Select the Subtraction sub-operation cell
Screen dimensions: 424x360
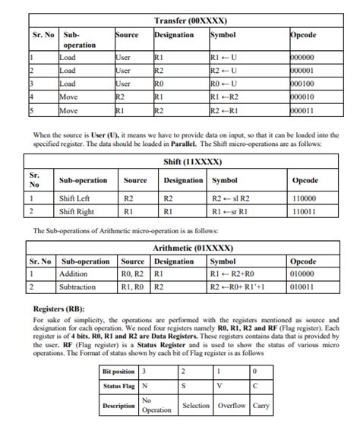tap(77, 287)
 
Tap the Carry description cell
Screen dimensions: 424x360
tap(261, 405)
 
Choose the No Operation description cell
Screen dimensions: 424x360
tap(157, 405)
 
